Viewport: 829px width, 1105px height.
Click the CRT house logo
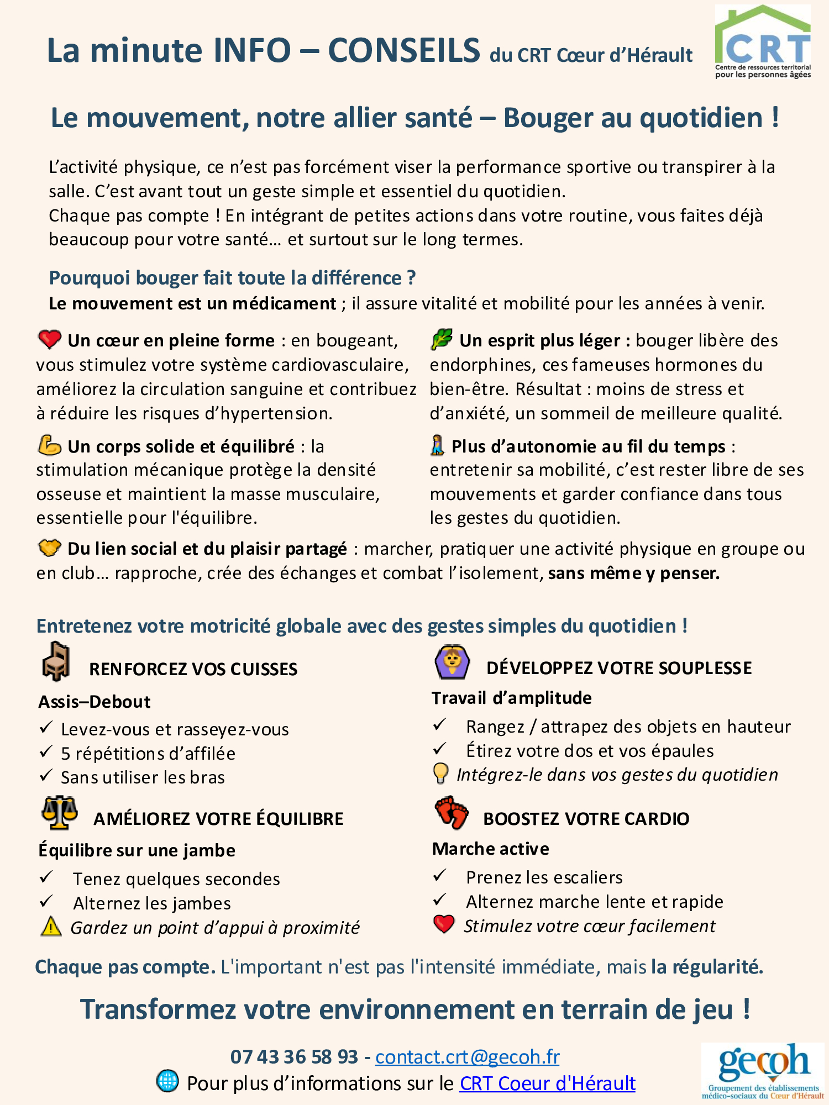pos(763,42)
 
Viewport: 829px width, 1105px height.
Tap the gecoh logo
pos(763,1071)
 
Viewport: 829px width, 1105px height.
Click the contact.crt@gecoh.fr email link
pos(467,1056)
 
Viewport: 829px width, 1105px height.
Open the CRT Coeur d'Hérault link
pos(547,1083)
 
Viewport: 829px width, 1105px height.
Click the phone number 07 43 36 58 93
pos(294,1056)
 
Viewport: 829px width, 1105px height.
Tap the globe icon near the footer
pos(167,1081)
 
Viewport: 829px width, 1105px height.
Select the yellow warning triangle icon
pos(51,927)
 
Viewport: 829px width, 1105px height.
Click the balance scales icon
pos(59,813)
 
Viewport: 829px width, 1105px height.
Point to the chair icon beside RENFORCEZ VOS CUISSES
pos(56,661)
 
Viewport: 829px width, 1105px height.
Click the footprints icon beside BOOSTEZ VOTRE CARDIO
pos(452,813)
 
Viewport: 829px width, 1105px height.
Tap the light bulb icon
pos(440,773)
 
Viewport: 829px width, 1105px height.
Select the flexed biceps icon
pos(49,445)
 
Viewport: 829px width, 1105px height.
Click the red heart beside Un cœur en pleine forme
pos(49,339)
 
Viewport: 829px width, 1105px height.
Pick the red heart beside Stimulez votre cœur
pos(444,924)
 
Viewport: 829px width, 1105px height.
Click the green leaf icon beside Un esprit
pos(442,339)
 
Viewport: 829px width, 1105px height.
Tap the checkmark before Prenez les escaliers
pos(439,875)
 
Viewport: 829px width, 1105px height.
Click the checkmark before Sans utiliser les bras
pos(46,775)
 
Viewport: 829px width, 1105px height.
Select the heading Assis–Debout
pos(95,702)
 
